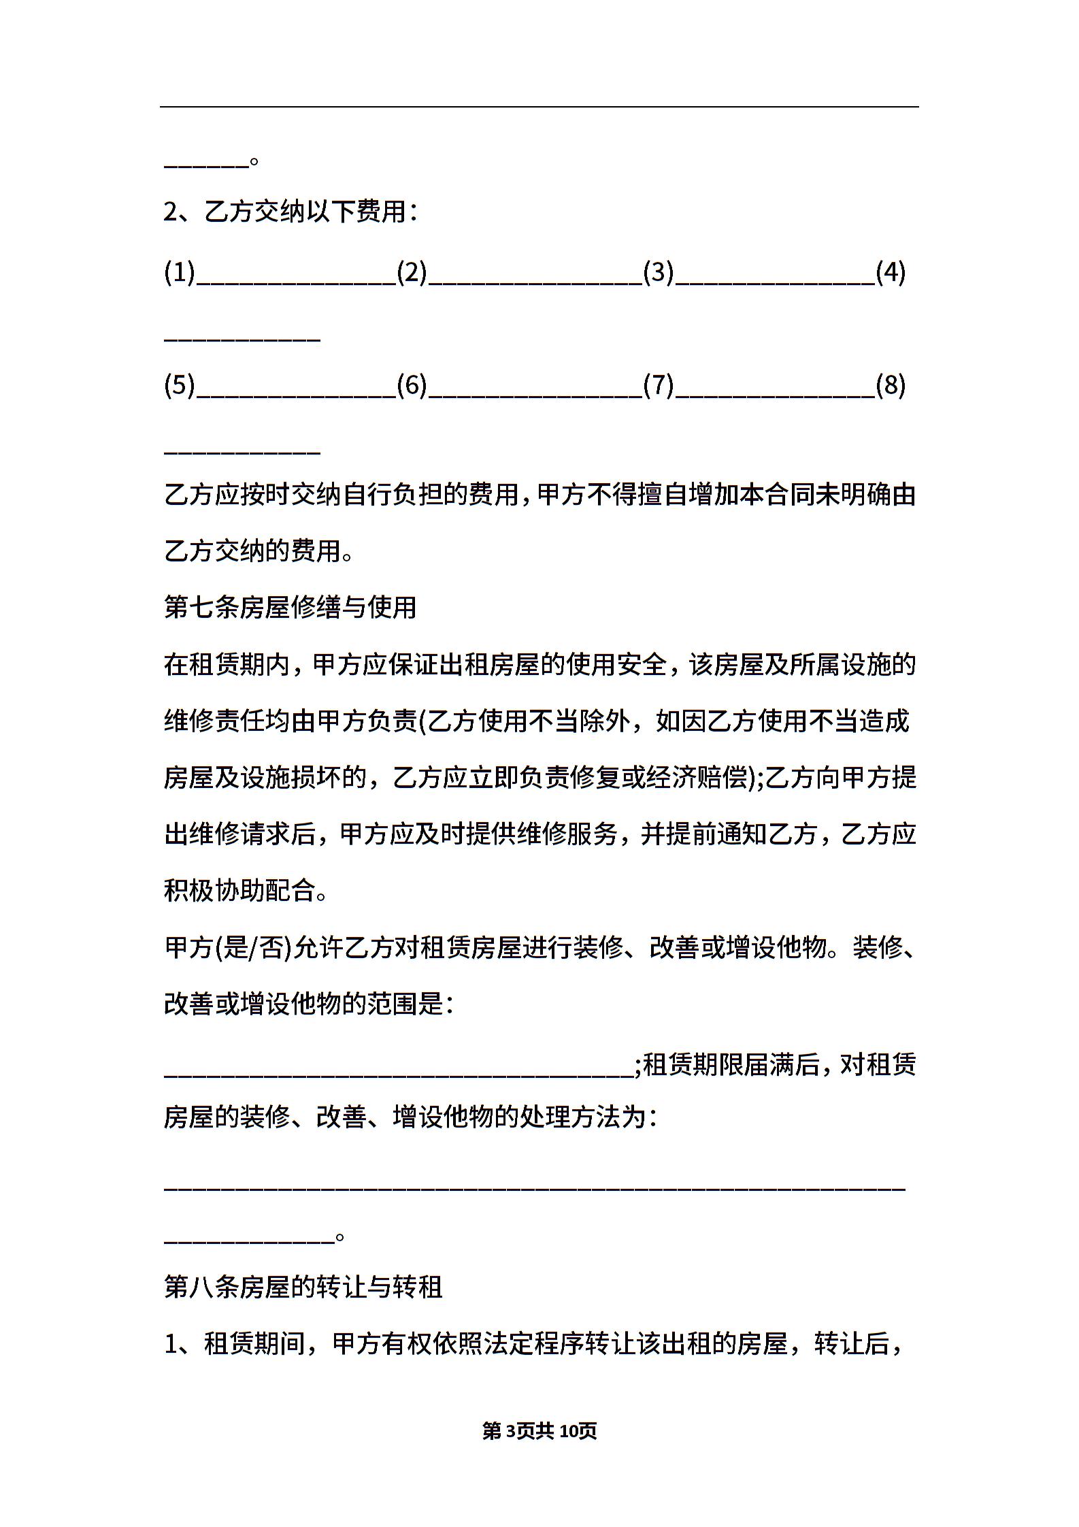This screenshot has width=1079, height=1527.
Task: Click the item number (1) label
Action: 180,273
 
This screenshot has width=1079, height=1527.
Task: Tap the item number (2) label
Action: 412,273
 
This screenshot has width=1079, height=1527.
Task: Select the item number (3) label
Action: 659,273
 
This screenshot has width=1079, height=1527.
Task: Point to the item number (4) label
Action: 891,273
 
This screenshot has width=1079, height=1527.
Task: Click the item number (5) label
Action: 180,386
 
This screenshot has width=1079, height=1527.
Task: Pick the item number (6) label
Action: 412,386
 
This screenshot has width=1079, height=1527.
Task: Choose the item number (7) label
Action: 659,386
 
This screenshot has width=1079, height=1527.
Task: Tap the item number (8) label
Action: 891,386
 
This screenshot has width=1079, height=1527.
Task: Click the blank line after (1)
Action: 297,283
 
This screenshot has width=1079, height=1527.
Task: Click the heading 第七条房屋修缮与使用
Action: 290,607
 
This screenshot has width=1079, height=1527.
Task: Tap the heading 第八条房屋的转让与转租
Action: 303,1286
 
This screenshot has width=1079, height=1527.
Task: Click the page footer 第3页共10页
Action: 539,1430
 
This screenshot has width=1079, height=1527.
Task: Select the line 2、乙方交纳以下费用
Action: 290,212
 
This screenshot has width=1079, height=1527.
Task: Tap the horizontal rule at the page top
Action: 539,107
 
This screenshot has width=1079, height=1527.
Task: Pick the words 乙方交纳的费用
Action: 252,551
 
